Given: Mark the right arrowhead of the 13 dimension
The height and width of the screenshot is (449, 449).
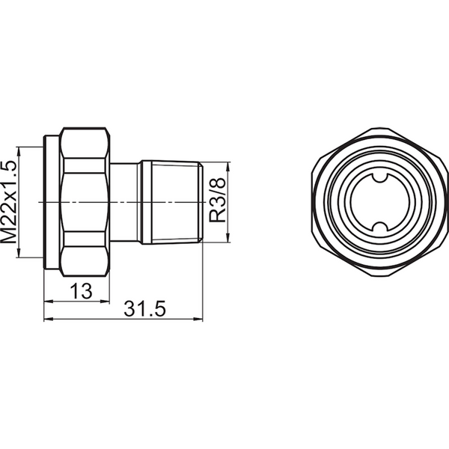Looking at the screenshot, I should (108, 302).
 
